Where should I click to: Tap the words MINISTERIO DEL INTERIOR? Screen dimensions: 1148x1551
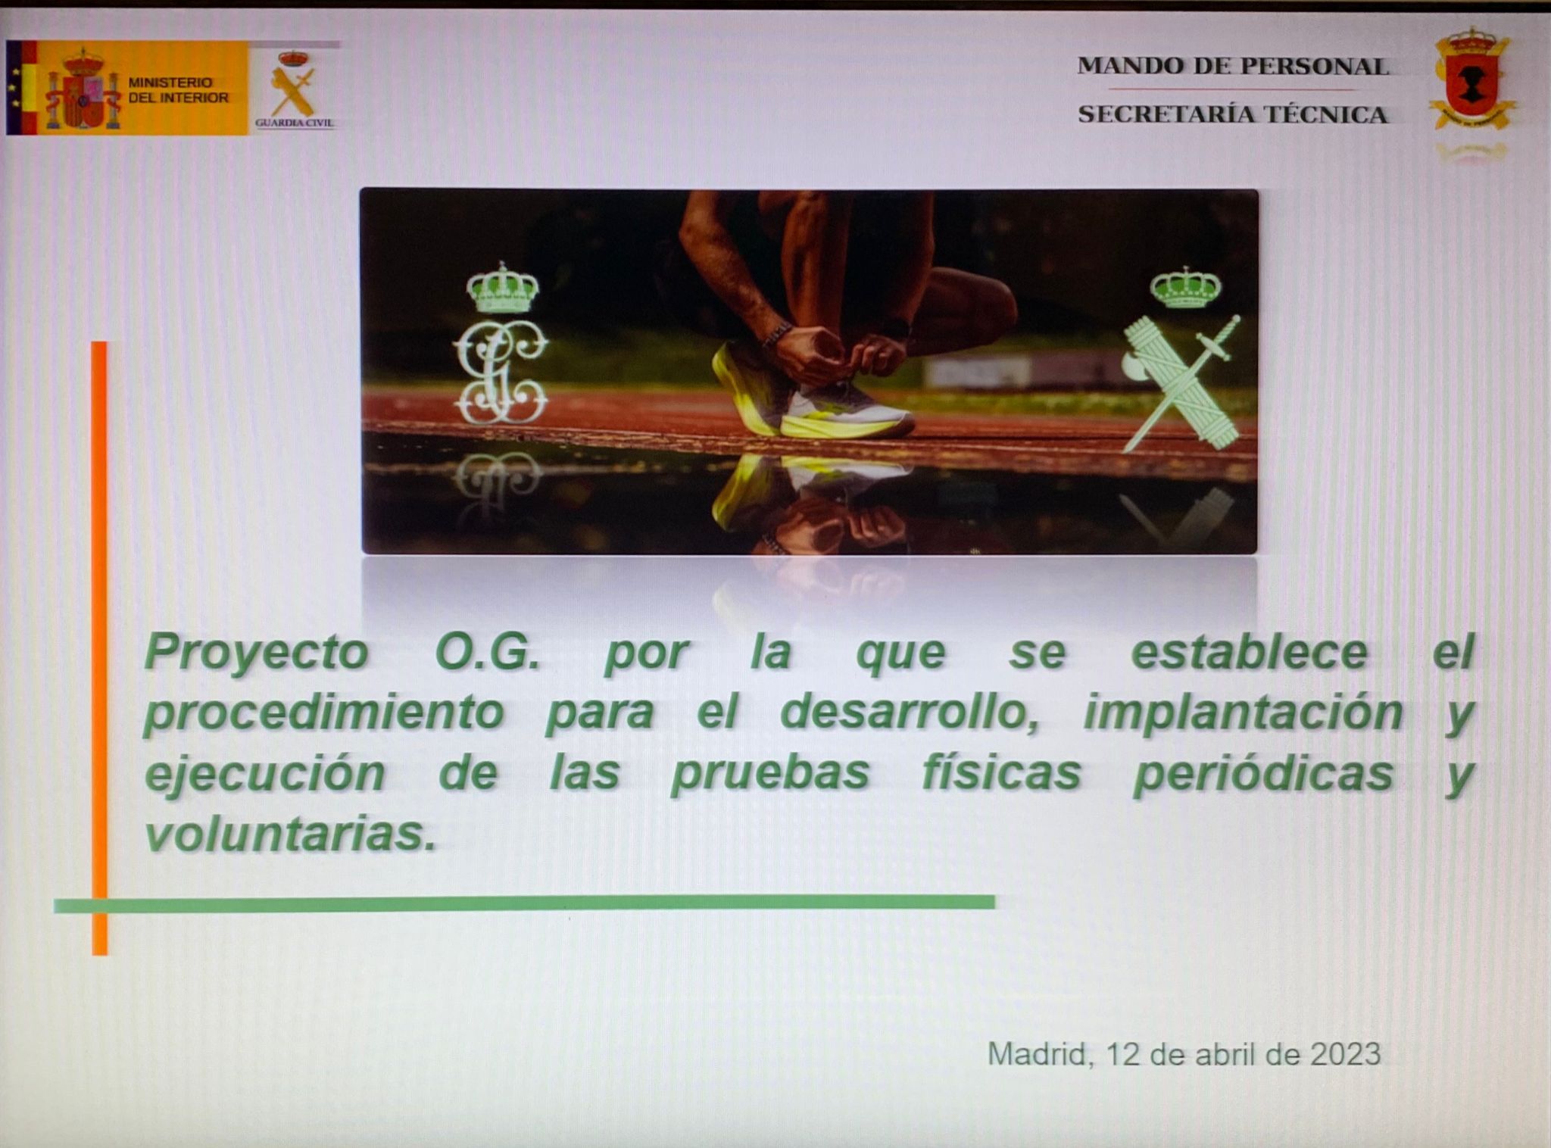(x=177, y=90)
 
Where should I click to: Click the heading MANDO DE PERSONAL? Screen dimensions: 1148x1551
(x=1233, y=67)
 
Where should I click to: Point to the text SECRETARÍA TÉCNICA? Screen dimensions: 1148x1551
(x=1233, y=115)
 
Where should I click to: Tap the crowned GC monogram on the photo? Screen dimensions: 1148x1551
(x=501, y=345)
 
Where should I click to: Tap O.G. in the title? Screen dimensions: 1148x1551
(x=488, y=653)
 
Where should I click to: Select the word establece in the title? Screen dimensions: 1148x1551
(x=1250, y=653)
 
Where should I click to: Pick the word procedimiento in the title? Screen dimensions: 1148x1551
(x=324, y=713)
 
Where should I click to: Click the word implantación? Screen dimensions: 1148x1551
(x=1243, y=713)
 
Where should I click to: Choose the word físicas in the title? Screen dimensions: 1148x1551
(x=1001, y=774)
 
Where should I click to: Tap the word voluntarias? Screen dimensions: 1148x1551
(x=291, y=834)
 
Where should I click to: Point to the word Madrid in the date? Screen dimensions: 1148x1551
(x=1037, y=1055)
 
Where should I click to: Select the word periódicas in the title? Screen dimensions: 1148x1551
(x=1263, y=774)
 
